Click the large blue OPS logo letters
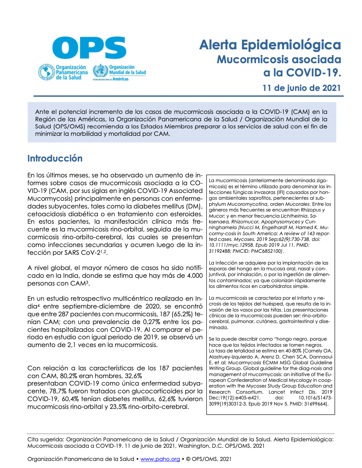pyautogui.click(x=89, y=48)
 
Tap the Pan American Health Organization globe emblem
pyautogui.click(x=46, y=72)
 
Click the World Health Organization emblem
pyautogui.click(x=100, y=71)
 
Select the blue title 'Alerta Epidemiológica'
pyautogui.click(x=270, y=45)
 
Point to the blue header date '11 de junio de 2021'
pyautogui.click(x=301, y=88)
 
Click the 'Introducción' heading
pyautogui.click(x=55, y=158)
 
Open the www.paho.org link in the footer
pyautogui.click(x=160, y=459)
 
